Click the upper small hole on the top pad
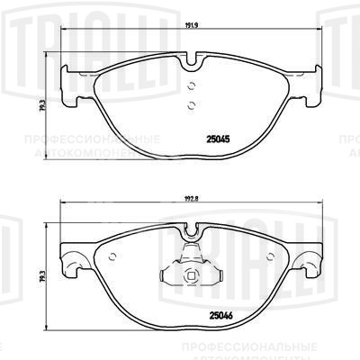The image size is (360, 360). [190, 87]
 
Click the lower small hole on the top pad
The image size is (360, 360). [190, 105]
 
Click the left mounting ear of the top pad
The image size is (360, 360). [66, 86]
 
